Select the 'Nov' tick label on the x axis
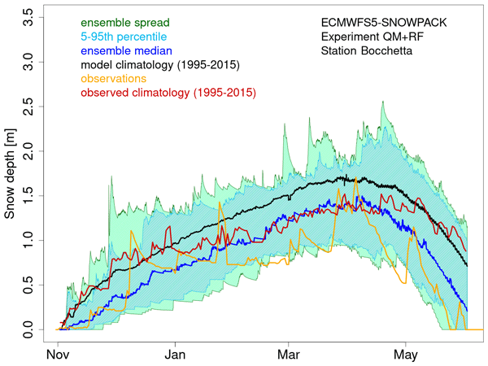coord(58,355)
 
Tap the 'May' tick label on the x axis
coord(407,355)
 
